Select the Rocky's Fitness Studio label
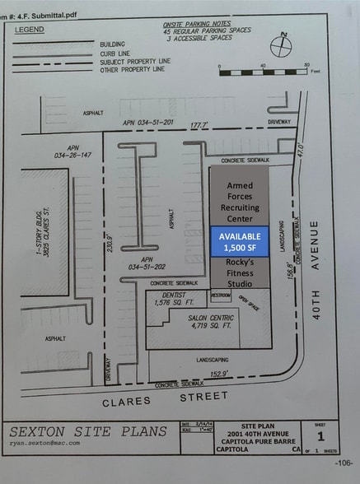239,273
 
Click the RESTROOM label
220,294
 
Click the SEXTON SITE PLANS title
82,430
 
